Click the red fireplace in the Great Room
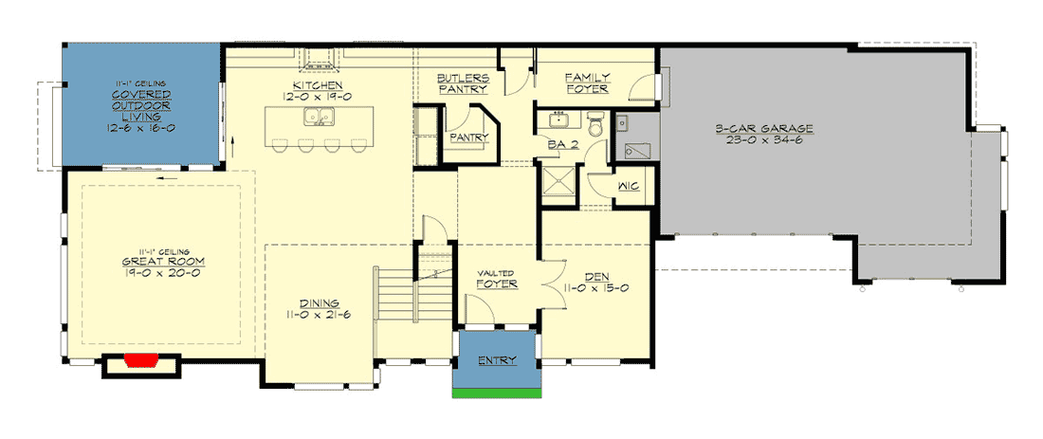140,360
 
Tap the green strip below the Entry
496,393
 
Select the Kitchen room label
318,85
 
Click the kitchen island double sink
319,117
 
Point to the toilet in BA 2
596,123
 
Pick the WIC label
628,186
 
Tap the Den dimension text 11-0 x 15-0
596,288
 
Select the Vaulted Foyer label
497,280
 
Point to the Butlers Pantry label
463,83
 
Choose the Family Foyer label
587,83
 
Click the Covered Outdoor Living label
141,105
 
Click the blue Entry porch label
497,360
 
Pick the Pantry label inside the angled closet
469,137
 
